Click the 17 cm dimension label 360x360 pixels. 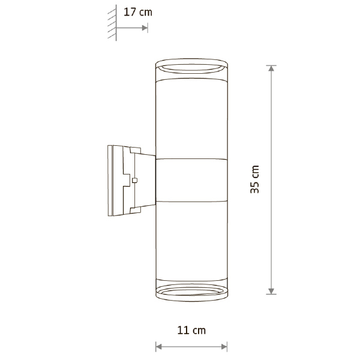click(138, 12)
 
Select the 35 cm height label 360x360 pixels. click(254, 179)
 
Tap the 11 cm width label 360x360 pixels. click(191, 331)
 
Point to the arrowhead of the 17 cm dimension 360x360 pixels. click(145, 28)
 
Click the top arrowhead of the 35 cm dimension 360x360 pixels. click(271, 68)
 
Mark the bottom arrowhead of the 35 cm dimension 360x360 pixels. click(271, 291)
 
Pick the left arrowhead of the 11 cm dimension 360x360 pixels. click(158, 347)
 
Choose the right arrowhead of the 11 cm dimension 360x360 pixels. click(224, 347)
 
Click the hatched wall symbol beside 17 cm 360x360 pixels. click(112, 23)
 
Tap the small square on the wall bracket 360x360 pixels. click(135, 181)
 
